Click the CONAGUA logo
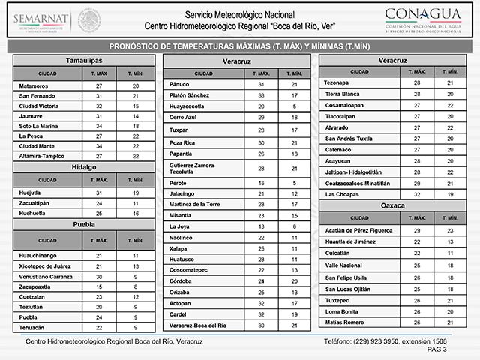tap(423, 19)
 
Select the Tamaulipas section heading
tap(84, 59)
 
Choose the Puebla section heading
tap(84, 224)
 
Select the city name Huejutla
tap(31, 193)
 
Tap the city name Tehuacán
tap(32, 328)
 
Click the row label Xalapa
tap(179, 247)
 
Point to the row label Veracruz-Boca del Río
tap(198, 325)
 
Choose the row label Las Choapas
tap(342, 193)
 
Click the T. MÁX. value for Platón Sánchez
tap(262, 96)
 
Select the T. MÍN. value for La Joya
tap(294, 226)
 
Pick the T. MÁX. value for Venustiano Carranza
tap(98, 276)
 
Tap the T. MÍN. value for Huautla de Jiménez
tap(449, 242)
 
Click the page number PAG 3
tap(436, 349)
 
